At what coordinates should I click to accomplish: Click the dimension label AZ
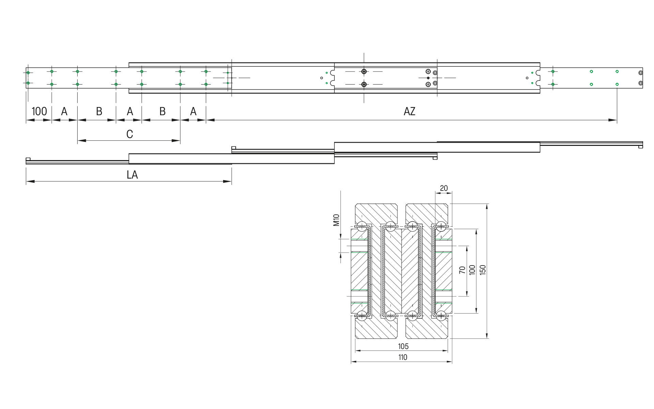(x=409, y=111)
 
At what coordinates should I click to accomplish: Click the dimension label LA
(x=132, y=175)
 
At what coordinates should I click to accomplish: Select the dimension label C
(x=129, y=134)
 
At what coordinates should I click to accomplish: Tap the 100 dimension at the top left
(x=39, y=111)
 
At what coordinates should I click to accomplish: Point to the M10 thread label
(x=337, y=220)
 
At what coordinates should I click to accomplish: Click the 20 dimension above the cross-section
(x=444, y=188)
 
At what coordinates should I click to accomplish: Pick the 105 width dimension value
(x=403, y=346)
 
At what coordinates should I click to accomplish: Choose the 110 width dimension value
(x=403, y=357)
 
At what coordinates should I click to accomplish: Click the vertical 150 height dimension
(x=483, y=270)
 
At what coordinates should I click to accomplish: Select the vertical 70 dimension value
(x=462, y=270)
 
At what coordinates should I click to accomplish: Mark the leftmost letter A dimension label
(x=64, y=111)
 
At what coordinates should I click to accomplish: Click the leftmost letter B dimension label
(x=99, y=111)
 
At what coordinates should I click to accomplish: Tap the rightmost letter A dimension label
(x=193, y=111)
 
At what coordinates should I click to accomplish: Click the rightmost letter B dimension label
(x=162, y=111)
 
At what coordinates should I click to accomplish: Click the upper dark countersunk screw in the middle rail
(x=364, y=72)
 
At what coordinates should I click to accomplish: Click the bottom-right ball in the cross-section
(x=441, y=315)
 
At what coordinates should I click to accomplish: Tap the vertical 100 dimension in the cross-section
(x=472, y=270)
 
